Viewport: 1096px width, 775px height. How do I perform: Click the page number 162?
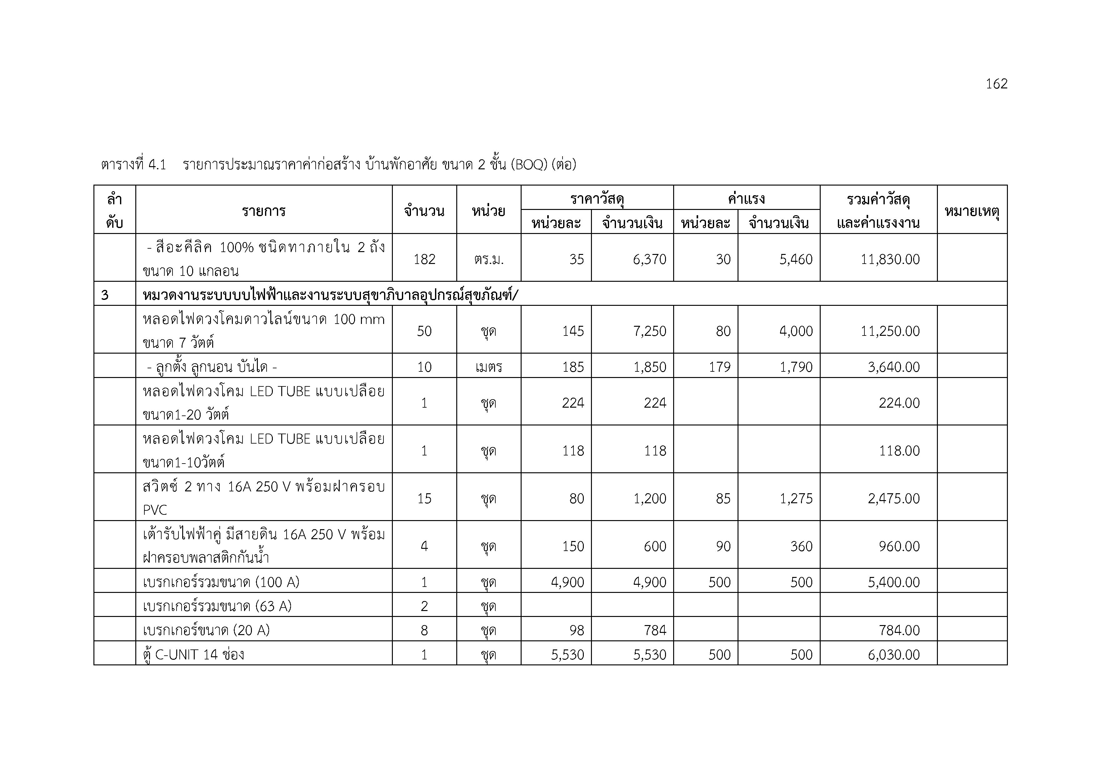(996, 84)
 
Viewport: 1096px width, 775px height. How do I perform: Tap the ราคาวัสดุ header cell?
(597, 199)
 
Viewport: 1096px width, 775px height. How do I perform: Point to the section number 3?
(105, 296)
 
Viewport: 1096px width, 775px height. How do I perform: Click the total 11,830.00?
(890, 259)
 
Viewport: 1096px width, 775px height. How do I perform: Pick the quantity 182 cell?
(424, 259)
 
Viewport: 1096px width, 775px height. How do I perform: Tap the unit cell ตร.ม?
(488, 259)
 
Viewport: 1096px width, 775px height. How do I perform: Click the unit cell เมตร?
(488, 367)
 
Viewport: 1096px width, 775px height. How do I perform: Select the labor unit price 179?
(719, 367)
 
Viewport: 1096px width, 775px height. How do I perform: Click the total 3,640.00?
(893, 367)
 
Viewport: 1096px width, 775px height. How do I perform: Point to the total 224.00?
(899, 403)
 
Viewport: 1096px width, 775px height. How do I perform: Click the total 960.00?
(899, 546)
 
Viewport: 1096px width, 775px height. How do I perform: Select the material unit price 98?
(576, 630)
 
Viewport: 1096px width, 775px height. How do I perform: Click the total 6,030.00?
(893, 654)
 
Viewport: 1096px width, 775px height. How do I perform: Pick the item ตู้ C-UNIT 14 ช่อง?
(193, 654)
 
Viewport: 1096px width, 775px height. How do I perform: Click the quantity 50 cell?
(424, 331)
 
